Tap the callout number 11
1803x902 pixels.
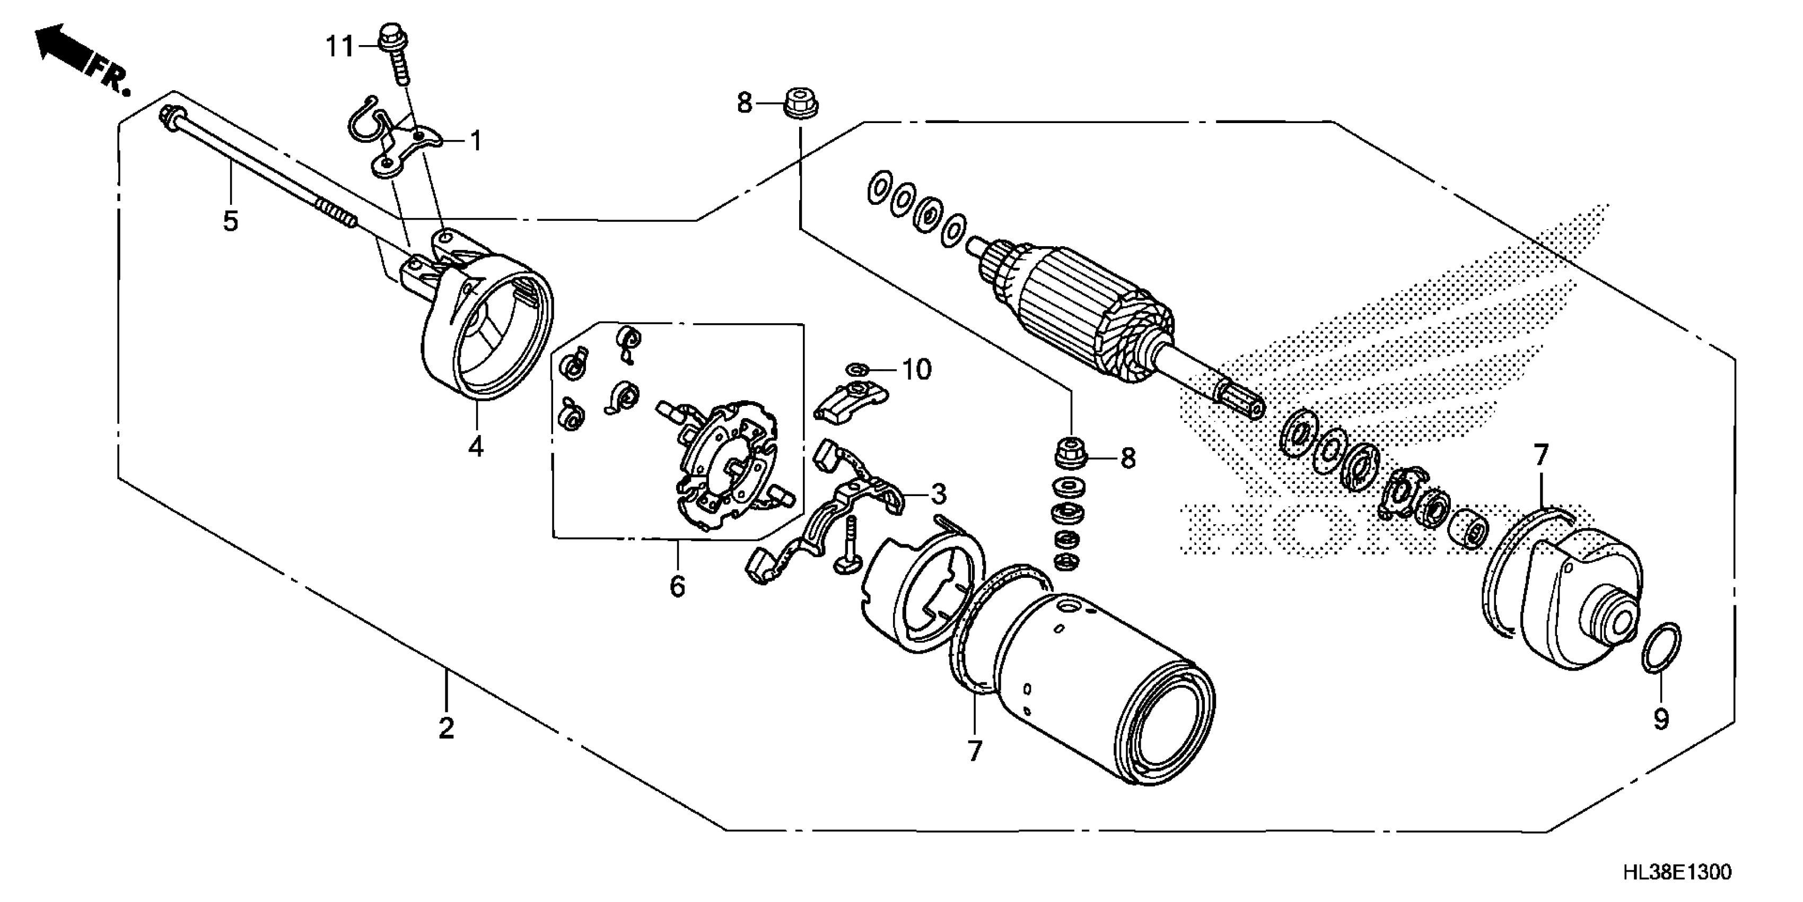tap(341, 47)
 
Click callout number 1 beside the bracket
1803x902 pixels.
tap(476, 142)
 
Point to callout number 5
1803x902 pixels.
tap(230, 221)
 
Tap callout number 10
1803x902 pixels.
tap(917, 370)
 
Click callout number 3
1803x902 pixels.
tap(938, 495)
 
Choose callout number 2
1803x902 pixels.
tap(446, 728)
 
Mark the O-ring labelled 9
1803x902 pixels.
tap(1660, 647)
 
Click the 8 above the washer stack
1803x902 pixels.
tap(1127, 459)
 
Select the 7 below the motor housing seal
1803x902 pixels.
tap(975, 751)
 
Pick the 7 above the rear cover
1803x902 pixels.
tap(1541, 456)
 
